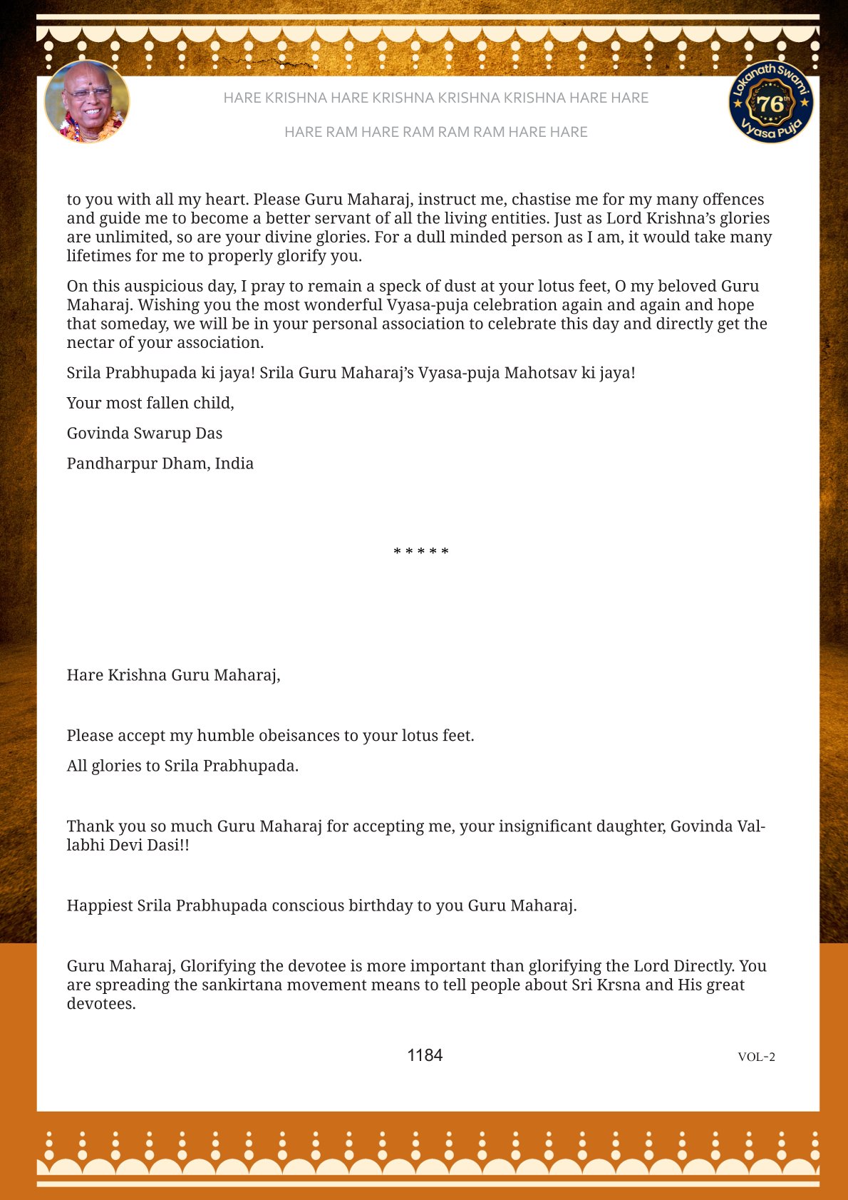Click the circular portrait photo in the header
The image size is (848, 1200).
pyautogui.click(x=87, y=102)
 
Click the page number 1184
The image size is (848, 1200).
pyautogui.click(x=425, y=1055)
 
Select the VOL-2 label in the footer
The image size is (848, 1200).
pyautogui.click(x=756, y=1057)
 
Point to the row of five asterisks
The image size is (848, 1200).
pyautogui.click(x=421, y=552)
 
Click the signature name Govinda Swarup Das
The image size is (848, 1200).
pyautogui.click(x=145, y=434)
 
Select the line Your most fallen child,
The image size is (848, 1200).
pyautogui.click(x=150, y=403)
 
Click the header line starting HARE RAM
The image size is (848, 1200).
pyautogui.click(x=435, y=132)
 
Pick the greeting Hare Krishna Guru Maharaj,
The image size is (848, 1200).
pyautogui.click(x=173, y=675)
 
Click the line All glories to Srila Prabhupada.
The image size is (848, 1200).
pyautogui.click(x=182, y=766)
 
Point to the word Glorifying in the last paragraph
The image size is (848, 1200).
pyautogui.click(x=218, y=966)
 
